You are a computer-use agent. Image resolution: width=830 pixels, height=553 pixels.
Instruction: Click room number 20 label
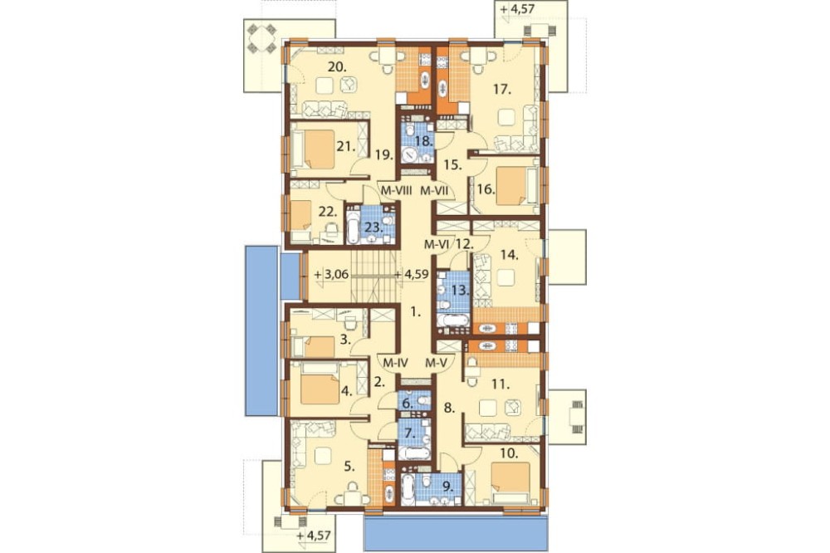[337, 67]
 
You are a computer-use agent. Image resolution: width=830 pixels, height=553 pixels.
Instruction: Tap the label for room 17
[502, 90]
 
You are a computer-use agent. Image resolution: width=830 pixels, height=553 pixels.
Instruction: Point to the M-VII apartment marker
[435, 190]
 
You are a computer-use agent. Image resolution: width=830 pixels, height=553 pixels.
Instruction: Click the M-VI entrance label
[437, 244]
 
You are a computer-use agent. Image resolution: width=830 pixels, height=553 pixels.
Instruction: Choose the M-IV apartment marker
[393, 364]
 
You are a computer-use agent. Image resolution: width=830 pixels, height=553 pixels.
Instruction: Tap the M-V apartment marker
[437, 364]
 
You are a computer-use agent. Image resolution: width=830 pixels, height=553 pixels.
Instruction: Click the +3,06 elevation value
[331, 275]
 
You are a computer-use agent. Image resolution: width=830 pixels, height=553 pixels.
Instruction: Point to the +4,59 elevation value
[413, 275]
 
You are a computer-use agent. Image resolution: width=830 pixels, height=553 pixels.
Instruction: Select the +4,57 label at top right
[516, 9]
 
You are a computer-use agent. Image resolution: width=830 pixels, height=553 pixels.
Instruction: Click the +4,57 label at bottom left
[314, 536]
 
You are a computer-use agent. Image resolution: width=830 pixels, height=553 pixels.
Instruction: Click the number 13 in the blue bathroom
[461, 291]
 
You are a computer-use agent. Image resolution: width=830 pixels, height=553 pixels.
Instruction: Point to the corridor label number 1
[417, 312]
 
